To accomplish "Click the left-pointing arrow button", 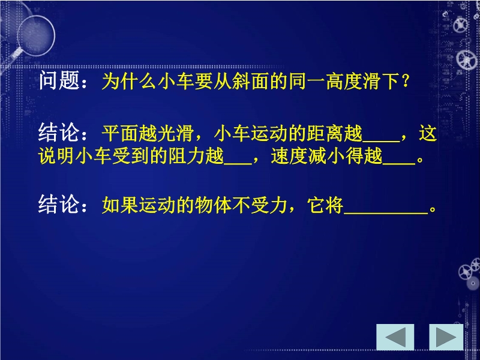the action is pos(395,337).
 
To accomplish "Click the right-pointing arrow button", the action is pos(446,337).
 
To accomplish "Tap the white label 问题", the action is pos(59,80).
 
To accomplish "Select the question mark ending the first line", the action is pos(406,81).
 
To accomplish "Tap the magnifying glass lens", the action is pos(36,35).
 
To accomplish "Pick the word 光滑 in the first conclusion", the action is pos(175,133).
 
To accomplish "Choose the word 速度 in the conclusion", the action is pos(289,156).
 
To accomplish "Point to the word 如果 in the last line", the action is pos(121,205).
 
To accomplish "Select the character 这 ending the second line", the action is pos(428,133).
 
